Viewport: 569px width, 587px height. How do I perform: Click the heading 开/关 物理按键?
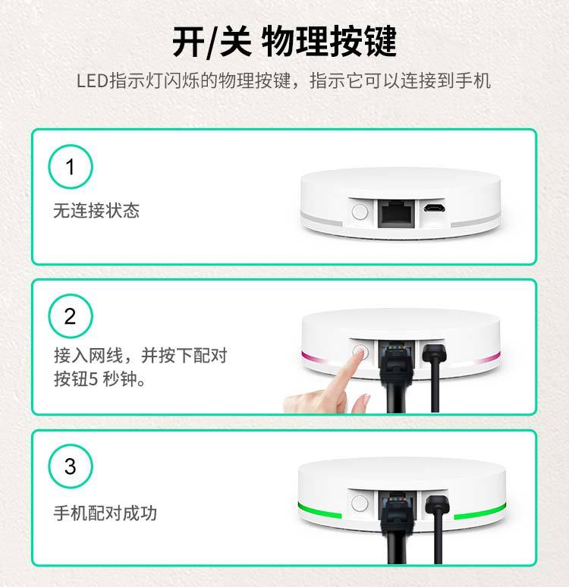(x=284, y=42)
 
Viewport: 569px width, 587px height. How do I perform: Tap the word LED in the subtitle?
(x=92, y=81)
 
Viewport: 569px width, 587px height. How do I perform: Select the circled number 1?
(x=71, y=167)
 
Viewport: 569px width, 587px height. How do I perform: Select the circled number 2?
(x=71, y=316)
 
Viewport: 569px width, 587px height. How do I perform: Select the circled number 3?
(x=71, y=466)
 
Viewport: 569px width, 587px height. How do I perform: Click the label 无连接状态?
(x=96, y=210)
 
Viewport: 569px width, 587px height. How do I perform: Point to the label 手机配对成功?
(x=105, y=513)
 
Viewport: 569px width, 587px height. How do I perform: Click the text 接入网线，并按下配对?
(x=140, y=355)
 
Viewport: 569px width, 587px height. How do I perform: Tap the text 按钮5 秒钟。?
(x=99, y=379)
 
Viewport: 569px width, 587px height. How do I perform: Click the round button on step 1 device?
(x=360, y=212)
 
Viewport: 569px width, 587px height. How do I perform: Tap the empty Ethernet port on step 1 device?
(x=396, y=214)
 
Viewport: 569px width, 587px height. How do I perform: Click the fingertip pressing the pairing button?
(x=360, y=353)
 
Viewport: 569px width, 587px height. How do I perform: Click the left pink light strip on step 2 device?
(x=314, y=356)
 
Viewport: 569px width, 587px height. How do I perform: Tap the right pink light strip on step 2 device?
(x=487, y=357)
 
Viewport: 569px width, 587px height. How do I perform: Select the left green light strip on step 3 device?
(x=319, y=510)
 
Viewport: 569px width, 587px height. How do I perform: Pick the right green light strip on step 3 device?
(x=479, y=511)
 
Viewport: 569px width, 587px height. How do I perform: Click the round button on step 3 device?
(x=360, y=504)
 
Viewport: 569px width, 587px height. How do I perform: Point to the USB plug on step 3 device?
(x=437, y=504)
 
